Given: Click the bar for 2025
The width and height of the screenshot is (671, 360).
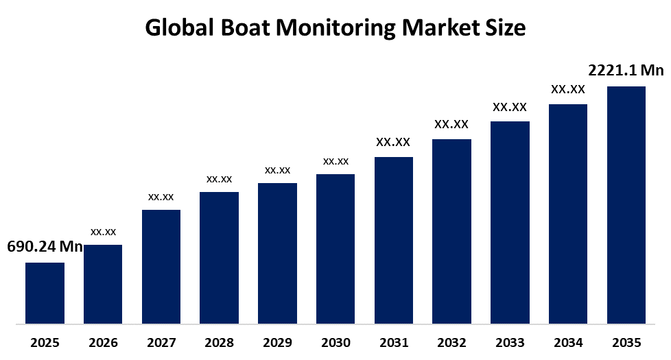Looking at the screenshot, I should (45, 293).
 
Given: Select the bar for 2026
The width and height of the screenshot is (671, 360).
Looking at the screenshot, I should (103, 284).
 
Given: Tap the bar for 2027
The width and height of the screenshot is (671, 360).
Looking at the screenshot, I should (161, 266).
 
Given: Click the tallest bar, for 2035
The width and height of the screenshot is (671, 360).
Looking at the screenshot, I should (626, 204).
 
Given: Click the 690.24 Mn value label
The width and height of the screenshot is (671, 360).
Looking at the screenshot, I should (45, 247).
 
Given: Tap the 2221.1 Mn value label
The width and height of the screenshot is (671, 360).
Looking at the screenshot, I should (626, 70).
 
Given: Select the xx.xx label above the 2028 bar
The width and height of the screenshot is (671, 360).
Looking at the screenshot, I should (220, 179).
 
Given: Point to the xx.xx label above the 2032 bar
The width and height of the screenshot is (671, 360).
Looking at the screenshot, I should (451, 125).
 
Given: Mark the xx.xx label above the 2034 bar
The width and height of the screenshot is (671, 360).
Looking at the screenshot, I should (568, 89).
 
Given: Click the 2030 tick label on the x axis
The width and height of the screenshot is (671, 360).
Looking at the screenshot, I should (335, 343).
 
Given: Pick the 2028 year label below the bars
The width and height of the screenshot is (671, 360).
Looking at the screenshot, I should (220, 343).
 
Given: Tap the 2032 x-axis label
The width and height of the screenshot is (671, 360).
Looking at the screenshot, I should (451, 343).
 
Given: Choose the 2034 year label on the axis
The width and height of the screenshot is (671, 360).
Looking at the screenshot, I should (568, 343).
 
